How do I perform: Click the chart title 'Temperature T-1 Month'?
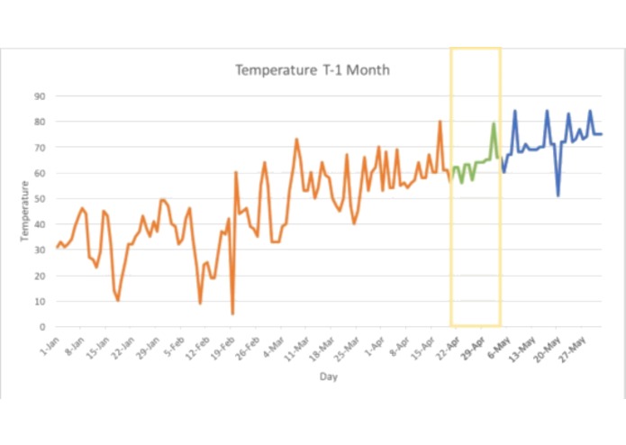(x=313, y=69)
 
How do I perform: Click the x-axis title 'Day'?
(x=329, y=377)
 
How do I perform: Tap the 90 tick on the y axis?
(x=41, y=95)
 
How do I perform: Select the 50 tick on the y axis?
(x=41, y=198)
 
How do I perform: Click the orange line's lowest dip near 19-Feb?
(x=232, y=313)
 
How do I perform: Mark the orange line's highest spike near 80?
(x=440, y=122)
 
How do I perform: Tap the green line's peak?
(x=494, y=123)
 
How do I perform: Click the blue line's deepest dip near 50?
(x=558, y=195)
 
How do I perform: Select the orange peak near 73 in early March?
(x=296, y=140)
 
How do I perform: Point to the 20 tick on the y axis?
(x=41, y=276)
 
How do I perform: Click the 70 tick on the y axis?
(x=41, y=147)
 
